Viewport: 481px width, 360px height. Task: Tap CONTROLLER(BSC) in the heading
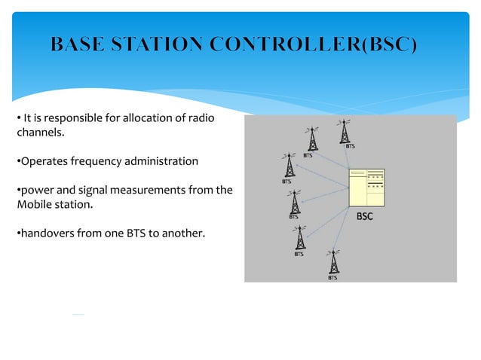tap(314, 44)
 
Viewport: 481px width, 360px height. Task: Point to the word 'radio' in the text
tap(201, 118)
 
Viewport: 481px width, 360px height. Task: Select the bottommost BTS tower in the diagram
tap(332, 261)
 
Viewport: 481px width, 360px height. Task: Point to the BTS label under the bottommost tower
tap(332, 277)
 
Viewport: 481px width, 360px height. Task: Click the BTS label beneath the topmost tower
tap(350, 146)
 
